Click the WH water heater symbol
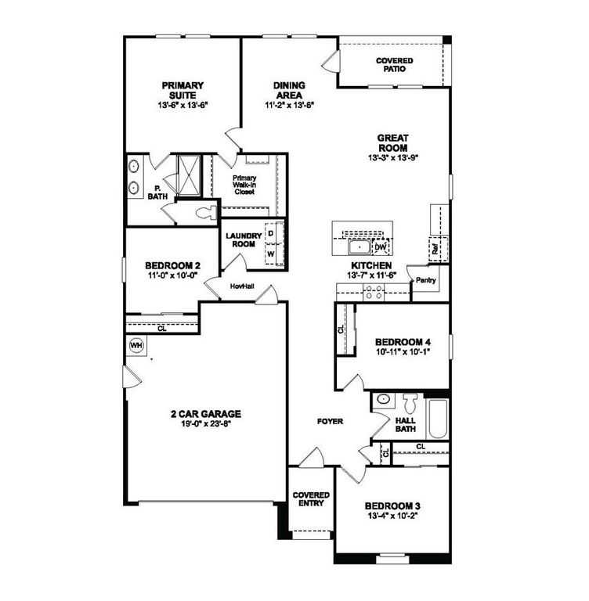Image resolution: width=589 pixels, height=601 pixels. pyautogui.click(x=135, y=345)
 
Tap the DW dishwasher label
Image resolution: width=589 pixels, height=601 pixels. pyautogui.click(x=381, y=247)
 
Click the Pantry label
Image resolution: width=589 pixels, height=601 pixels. pyautogui.click(x=426, y=280)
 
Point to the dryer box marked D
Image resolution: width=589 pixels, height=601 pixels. pyautogui.click(x=271, y=233)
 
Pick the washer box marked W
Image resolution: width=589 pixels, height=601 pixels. pyautogui.click(x=271, y=254)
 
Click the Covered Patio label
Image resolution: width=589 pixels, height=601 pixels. pyautogui.click(x=395, y=65)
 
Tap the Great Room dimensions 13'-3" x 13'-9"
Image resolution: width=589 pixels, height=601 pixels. pyautogui.click(x=393, y=157)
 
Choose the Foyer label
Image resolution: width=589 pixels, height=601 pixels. pyautogui.click(x=330, y=422)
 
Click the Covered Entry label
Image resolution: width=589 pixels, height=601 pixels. pyautogui.click(x=311, y=500)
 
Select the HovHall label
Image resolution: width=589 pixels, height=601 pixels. pyautogui.click(x=242, y=287)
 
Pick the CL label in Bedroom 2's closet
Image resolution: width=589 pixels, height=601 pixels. pyautogui.click(x=162, y=329)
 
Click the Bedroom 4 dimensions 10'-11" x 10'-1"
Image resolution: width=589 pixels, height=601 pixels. pyautogui.click(x=403, y=353)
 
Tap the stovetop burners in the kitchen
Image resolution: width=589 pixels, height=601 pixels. pyautogui.click(x=373, y=292)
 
